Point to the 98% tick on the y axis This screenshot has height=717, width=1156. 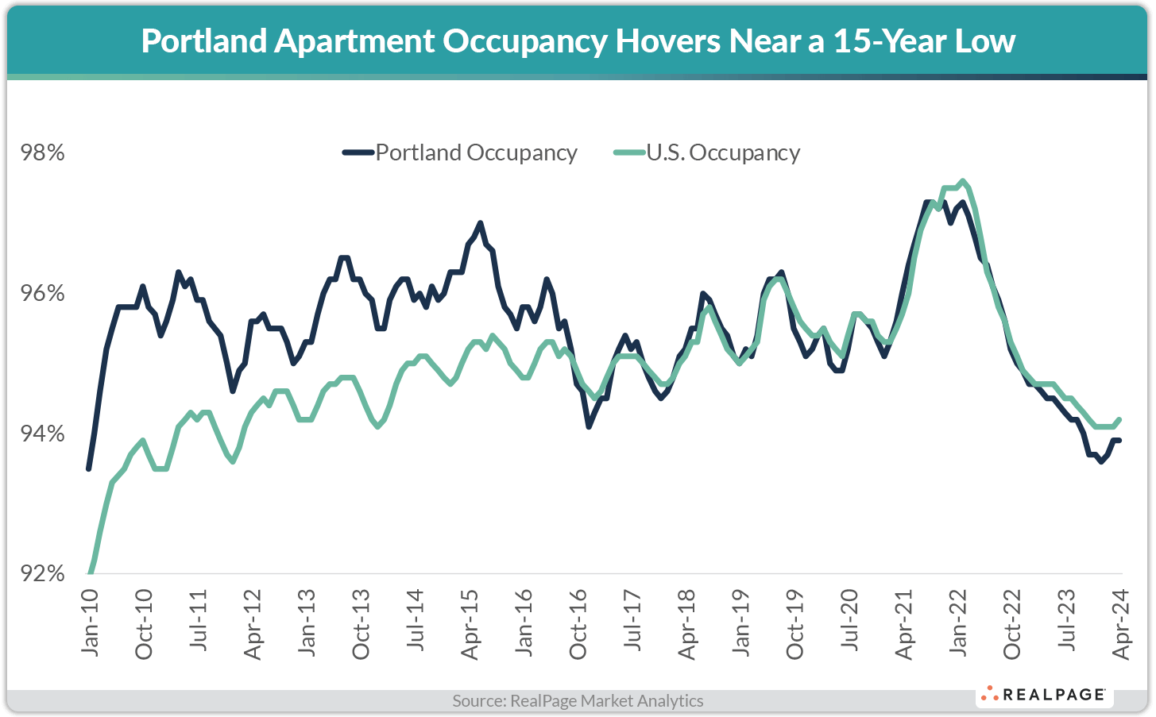[x=42, y=152]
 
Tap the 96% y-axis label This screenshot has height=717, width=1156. [x=42, y=294]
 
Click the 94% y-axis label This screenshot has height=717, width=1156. [x=42, y=434]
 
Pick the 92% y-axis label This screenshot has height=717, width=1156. [x=42, y=573]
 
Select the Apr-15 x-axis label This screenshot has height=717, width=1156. [x=470, y=623]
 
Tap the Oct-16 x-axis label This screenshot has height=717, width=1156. [x=578, y=623]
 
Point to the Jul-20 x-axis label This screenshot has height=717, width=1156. [x=850, y=623]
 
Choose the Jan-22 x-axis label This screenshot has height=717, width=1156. [x=959, y=623]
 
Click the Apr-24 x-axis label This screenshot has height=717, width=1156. [x=1121, y=623]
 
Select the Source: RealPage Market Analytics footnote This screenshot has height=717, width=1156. [x=578, y=700]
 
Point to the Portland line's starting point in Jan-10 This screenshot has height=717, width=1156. [x=88, y=468]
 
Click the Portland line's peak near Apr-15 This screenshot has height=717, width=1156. [x=480, y=223]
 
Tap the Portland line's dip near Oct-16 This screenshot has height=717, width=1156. [x=589, y=426]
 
